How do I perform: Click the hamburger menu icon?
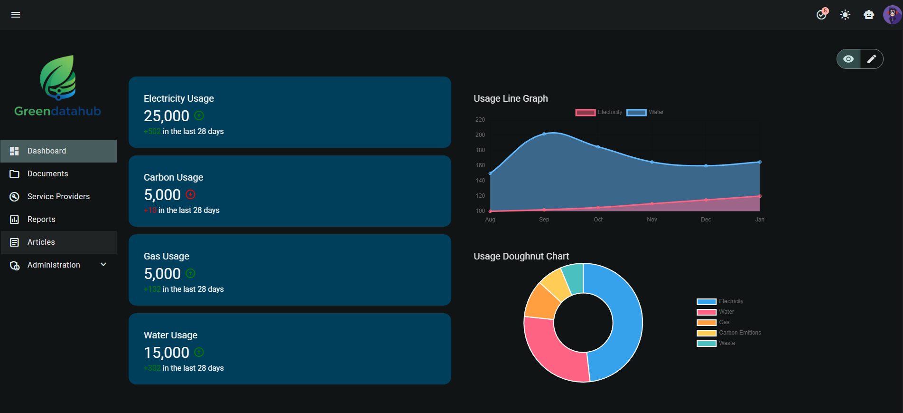(x=16, y=15)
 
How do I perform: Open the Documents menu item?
(x=47, y=174)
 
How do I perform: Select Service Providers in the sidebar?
(x=58, y=197)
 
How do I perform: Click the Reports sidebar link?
(x=41, y=220)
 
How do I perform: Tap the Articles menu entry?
(x=41, y=242)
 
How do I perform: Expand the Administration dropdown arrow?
(x=103, y=265)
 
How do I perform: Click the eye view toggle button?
(x=848, y=59)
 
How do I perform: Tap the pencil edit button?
(x=872, y=59)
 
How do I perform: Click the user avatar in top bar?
(x=892, y=15)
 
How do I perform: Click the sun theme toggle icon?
(x=845, y=15)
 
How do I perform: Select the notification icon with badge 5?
(x=821, y=15)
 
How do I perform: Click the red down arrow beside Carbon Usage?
(x=190, y=194)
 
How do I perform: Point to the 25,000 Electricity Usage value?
(x=167, y=116)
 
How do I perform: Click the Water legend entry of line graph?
(x=646, y=112)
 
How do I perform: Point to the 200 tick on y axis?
(x=480, y=135)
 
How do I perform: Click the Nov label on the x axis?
(x=652, y=220)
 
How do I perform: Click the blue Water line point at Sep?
(x=544, y=134)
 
